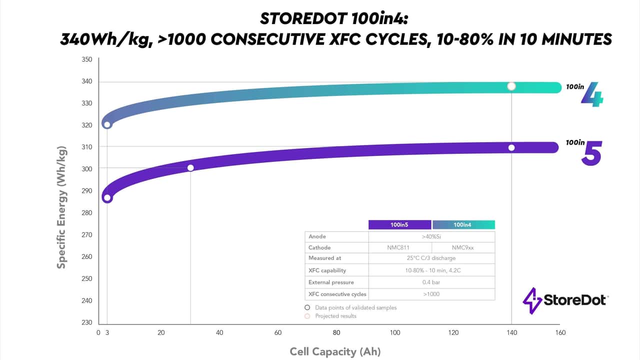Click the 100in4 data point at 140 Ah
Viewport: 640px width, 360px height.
pos(511,86)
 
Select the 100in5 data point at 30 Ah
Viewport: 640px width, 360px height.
pos(190,167)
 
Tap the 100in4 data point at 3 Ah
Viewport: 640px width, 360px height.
pos(107,124)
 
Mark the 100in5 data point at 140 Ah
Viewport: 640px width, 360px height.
pos(511,147)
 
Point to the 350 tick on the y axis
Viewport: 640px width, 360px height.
pos(86,59)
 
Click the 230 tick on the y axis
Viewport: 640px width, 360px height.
pos(86,322)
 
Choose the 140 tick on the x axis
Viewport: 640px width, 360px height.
pos(511,332)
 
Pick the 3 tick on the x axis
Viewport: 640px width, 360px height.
pos(107,332)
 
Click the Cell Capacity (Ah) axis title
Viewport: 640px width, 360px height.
pos(335,351)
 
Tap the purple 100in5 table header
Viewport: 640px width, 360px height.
pos(399,225)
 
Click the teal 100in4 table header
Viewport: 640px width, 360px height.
pos(463,225)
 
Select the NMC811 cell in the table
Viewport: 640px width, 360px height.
pos(399,247)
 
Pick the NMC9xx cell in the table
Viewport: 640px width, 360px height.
pos(463,247)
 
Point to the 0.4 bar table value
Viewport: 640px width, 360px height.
pos(431,282)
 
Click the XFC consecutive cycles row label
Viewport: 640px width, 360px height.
pos(337,294)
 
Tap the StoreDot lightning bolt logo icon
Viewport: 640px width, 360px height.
pos(529,300)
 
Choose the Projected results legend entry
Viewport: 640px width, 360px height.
pos(335,316)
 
